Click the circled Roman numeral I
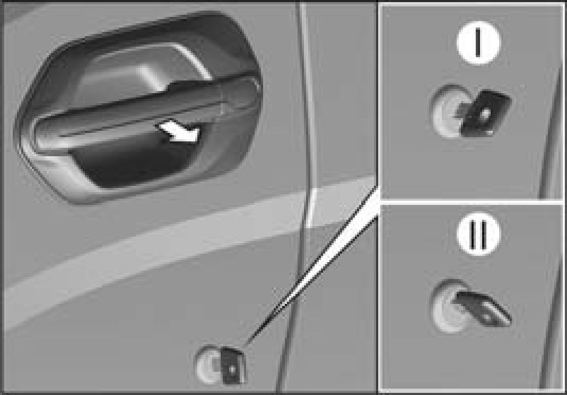tap(478, 42)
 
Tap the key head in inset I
tap(486, 113)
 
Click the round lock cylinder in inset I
tap(448, 111)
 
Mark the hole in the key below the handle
tap(232, 369)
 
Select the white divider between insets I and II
tap(472, 202)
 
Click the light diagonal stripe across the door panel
tap(188, 253)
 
